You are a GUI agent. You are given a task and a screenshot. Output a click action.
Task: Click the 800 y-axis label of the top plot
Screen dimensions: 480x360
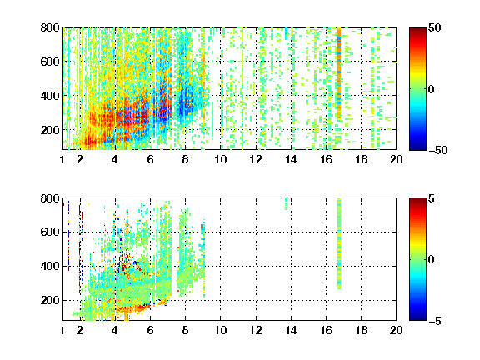tap(50, 27)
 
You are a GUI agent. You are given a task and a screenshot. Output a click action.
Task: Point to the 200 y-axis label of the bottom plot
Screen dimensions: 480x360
tap(50, 300)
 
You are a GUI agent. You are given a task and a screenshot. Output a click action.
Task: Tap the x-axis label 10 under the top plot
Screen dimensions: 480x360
tap(220, 159)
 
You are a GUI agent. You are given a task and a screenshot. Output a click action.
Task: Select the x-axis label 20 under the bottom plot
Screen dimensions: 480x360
tap(396, 330)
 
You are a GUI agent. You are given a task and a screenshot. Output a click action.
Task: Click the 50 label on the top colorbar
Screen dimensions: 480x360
tap(435, 27)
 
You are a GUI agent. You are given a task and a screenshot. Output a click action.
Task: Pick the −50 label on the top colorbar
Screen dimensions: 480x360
tap(438, 150)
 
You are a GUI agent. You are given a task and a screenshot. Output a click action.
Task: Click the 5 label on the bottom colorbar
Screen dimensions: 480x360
tap(432, 198)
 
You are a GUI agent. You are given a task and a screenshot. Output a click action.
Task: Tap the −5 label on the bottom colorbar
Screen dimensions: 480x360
tap(435, 321)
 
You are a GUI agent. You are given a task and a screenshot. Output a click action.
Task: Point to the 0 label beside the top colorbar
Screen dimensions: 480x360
tap(432, 89)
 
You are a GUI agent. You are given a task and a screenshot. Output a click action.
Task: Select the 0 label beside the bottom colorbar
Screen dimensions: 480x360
tap(432, 260)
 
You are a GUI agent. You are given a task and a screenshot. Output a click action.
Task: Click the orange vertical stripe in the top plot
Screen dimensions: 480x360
tap(339, 72)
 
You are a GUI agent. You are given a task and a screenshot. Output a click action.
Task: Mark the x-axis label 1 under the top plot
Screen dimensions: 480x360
tap(62, 159)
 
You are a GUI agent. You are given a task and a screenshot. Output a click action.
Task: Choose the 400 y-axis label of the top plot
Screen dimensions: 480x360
tap(50, 96)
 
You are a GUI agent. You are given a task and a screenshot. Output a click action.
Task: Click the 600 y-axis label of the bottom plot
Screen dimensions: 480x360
tap(50, 232)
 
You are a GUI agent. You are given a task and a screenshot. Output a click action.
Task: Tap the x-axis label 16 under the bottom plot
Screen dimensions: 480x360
tap(326, 330)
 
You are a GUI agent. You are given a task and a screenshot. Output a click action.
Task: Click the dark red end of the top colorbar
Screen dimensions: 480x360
tap(417, 30)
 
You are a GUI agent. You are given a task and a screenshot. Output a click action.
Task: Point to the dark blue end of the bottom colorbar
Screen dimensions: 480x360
tap(417, 317)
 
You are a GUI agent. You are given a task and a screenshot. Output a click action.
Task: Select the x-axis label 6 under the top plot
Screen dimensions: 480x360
tap(150, 159)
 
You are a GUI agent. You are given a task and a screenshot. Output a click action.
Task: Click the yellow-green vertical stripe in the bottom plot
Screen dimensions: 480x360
tap(339, 243)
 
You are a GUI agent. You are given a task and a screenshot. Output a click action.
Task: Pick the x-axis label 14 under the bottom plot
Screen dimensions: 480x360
tap(291, 330)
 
